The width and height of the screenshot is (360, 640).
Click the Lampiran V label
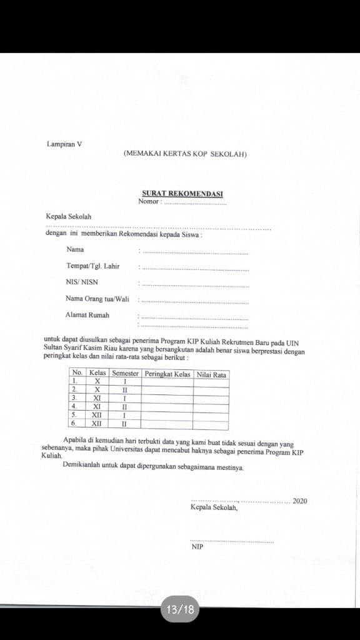[x=64, y=144]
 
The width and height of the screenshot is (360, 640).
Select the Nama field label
[x=75, y=250]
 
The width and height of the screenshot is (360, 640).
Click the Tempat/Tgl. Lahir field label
[x=92, y=266]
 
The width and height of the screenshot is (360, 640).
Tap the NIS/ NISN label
[x=82, y=282]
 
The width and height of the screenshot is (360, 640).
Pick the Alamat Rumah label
[x=87, y=314]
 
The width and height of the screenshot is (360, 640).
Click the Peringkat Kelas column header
[x=167, y=374]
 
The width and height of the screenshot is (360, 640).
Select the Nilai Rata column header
[x=211, y=374]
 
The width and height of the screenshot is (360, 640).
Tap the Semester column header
[x=125, y=374]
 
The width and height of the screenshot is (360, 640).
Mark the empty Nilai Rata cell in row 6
[x=211, y=423]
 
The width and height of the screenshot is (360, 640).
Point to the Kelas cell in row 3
[x=97, y=397]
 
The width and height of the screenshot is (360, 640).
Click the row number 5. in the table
[x=74, y=414]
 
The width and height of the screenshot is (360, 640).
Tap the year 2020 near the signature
[x=299, y=501]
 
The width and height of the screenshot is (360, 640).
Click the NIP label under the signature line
[x=197, y=547]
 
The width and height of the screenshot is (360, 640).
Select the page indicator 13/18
[x=180, y=609]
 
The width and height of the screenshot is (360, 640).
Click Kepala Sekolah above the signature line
[x=214, y=507]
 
